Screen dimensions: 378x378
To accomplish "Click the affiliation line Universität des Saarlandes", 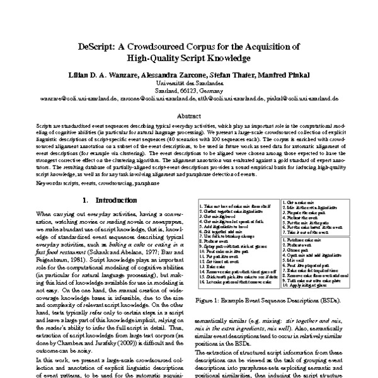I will click(189, 83).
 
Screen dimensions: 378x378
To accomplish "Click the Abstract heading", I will click(189, 116).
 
